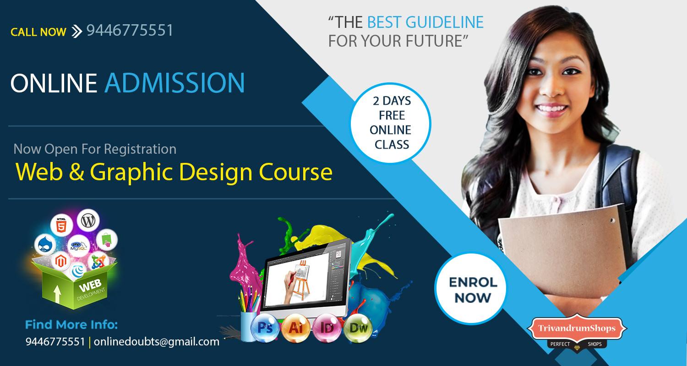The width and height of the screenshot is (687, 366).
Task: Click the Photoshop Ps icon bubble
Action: (265, 328)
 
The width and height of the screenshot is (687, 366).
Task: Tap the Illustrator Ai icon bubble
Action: (296, 328)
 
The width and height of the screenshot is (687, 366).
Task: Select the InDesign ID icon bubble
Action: (327, 328)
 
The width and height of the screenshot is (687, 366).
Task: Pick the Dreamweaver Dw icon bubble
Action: (358, 328)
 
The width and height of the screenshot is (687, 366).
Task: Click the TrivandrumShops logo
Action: (577, 332)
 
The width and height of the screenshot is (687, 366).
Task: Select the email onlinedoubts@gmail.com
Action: (157, 342)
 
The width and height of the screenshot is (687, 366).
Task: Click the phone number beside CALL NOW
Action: (130, 30)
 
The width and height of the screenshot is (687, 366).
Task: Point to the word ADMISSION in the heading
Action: (175, 83)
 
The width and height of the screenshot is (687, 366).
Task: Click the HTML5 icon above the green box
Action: (61, 225)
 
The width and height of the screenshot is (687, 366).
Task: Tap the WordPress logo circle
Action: (88, 220)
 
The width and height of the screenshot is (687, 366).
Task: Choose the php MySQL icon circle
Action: (79, 246)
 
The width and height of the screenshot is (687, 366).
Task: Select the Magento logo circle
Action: (61, 261)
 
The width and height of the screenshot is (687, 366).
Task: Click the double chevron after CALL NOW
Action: (76, 32)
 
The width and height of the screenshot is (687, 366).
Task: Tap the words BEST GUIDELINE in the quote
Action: (425, 22)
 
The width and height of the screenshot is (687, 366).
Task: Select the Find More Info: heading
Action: (71, 325)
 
